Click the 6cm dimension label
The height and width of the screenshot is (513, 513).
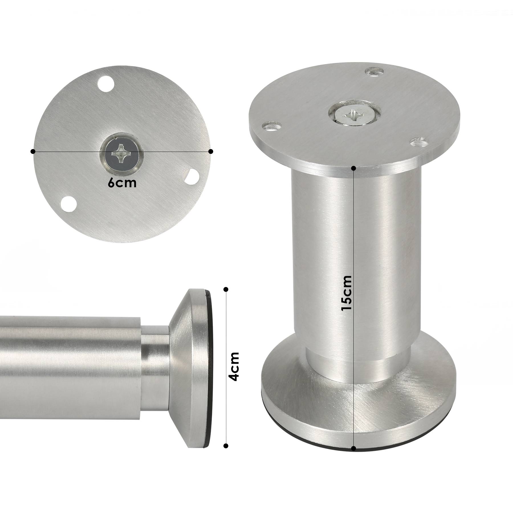pos(122,183)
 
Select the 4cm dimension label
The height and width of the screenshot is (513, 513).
pos(234,367)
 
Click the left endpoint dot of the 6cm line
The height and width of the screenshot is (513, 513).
pos(33,151)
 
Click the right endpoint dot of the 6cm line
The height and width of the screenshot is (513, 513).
pos(211,151)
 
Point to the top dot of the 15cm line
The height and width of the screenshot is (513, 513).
pos(354,168)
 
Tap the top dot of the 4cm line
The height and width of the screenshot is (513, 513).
pos(226,290)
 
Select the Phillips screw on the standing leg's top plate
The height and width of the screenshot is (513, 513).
pos(353,116)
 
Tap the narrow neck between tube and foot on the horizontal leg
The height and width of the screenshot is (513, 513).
pos(155,368)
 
